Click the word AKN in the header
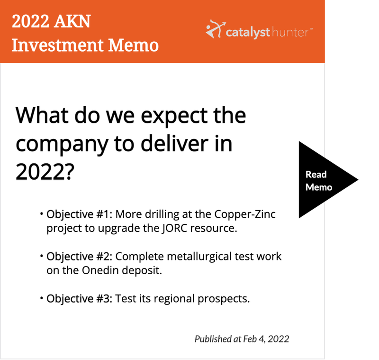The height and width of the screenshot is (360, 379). click(x=72, y=21)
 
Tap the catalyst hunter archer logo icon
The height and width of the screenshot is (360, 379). click(x=216, y=29)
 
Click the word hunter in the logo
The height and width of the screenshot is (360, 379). click(x=290, y=32)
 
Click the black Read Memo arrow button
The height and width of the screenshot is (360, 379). click(x=324, y=180)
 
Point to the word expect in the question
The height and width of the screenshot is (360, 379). click(x=174, y=116)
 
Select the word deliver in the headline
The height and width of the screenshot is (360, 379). click(x=174, y=143)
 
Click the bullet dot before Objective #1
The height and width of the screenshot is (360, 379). click(x=42, y=213)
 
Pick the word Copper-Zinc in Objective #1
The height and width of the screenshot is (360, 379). click(x=245, y=214)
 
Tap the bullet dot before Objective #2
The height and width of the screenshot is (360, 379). click(x=42, y=256)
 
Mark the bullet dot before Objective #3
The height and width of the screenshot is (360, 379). click(x=42, y=298)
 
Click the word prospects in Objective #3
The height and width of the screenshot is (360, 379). click(x=224, y=299)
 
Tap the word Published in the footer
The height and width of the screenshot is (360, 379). click(x=214, y=340)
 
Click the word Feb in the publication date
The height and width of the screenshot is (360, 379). click(x=250, y=339)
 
